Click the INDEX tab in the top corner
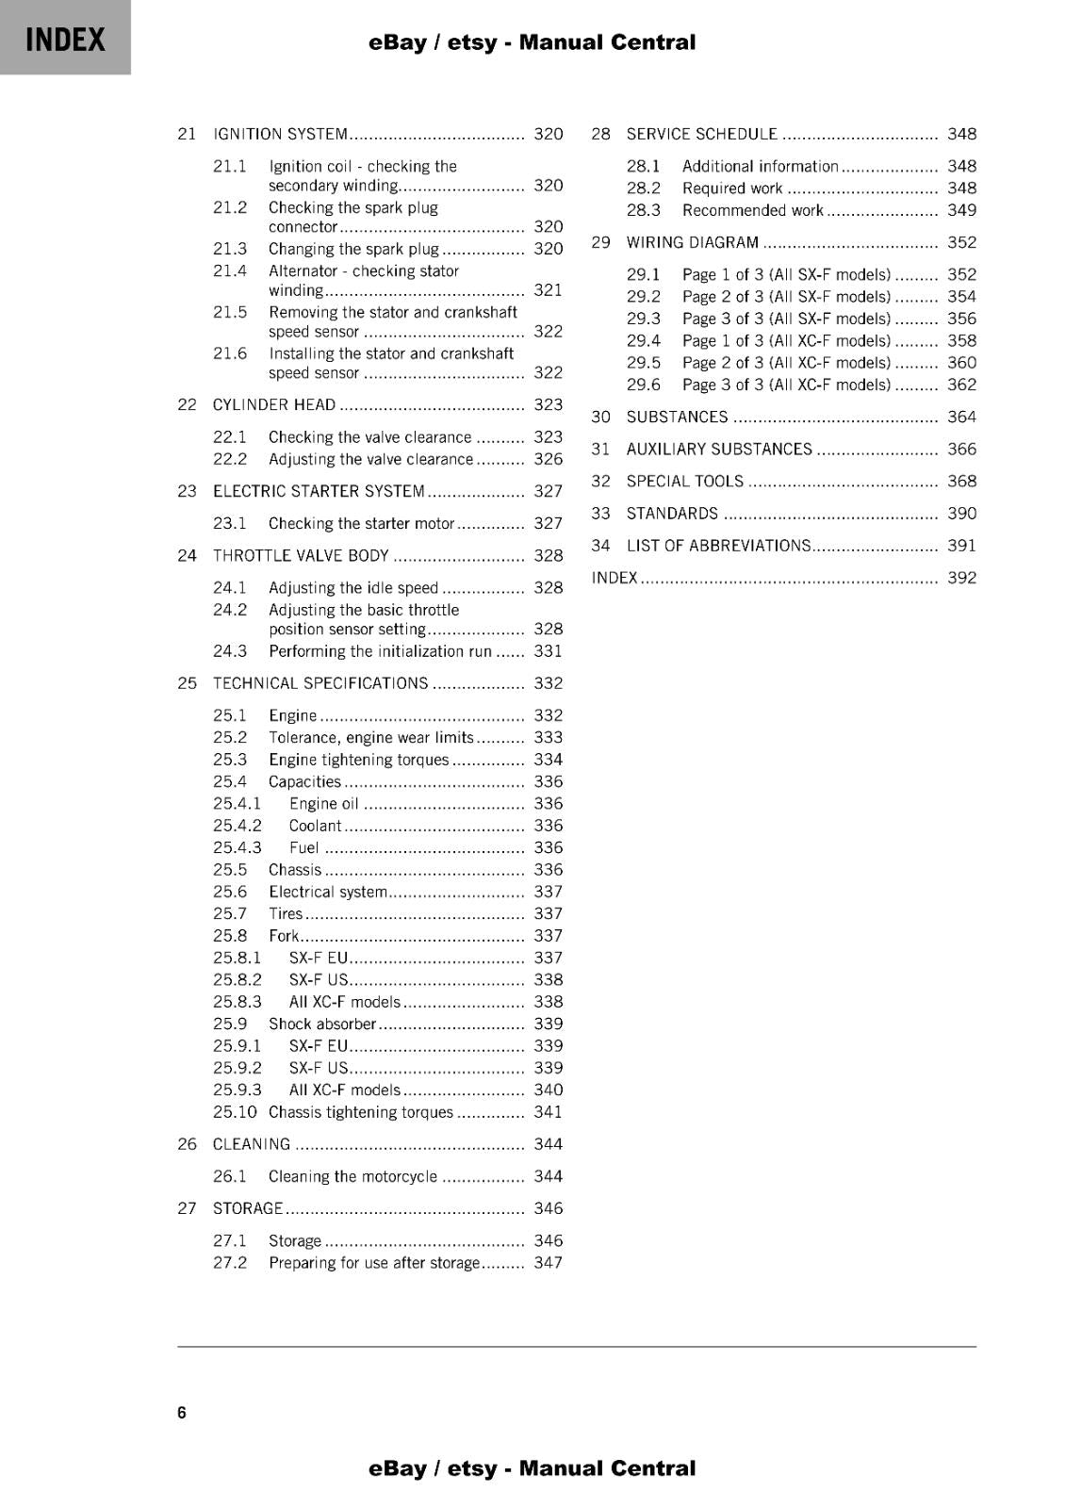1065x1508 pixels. click(65, 39)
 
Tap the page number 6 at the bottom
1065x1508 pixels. click(182, 1412)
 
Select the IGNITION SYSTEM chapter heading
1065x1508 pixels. click(280, 134)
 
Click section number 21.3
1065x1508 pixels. click(229, 249)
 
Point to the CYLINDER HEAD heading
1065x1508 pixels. click(273, 404)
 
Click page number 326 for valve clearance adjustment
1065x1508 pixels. click(548, 459)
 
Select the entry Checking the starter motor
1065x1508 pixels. click(361, 523)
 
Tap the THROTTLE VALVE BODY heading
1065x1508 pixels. click(301, 555)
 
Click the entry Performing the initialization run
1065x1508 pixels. click(380, 651)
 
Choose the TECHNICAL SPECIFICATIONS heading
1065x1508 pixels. click(319, 683)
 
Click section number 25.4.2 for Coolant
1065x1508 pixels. click(237, 826)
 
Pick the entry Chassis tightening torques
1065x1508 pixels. click(361, 1112)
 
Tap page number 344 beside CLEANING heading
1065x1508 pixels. click(548, 1144)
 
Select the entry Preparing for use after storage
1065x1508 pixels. click(374, 1263)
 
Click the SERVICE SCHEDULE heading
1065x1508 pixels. click(701, 134)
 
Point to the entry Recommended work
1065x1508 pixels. click(752, 210)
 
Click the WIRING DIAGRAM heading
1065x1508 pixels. click(692, 242)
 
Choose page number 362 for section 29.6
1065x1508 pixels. click(961, 385)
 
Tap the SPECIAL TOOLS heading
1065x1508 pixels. click(684, 481)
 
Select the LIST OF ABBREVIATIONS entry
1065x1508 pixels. click(717, 546)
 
